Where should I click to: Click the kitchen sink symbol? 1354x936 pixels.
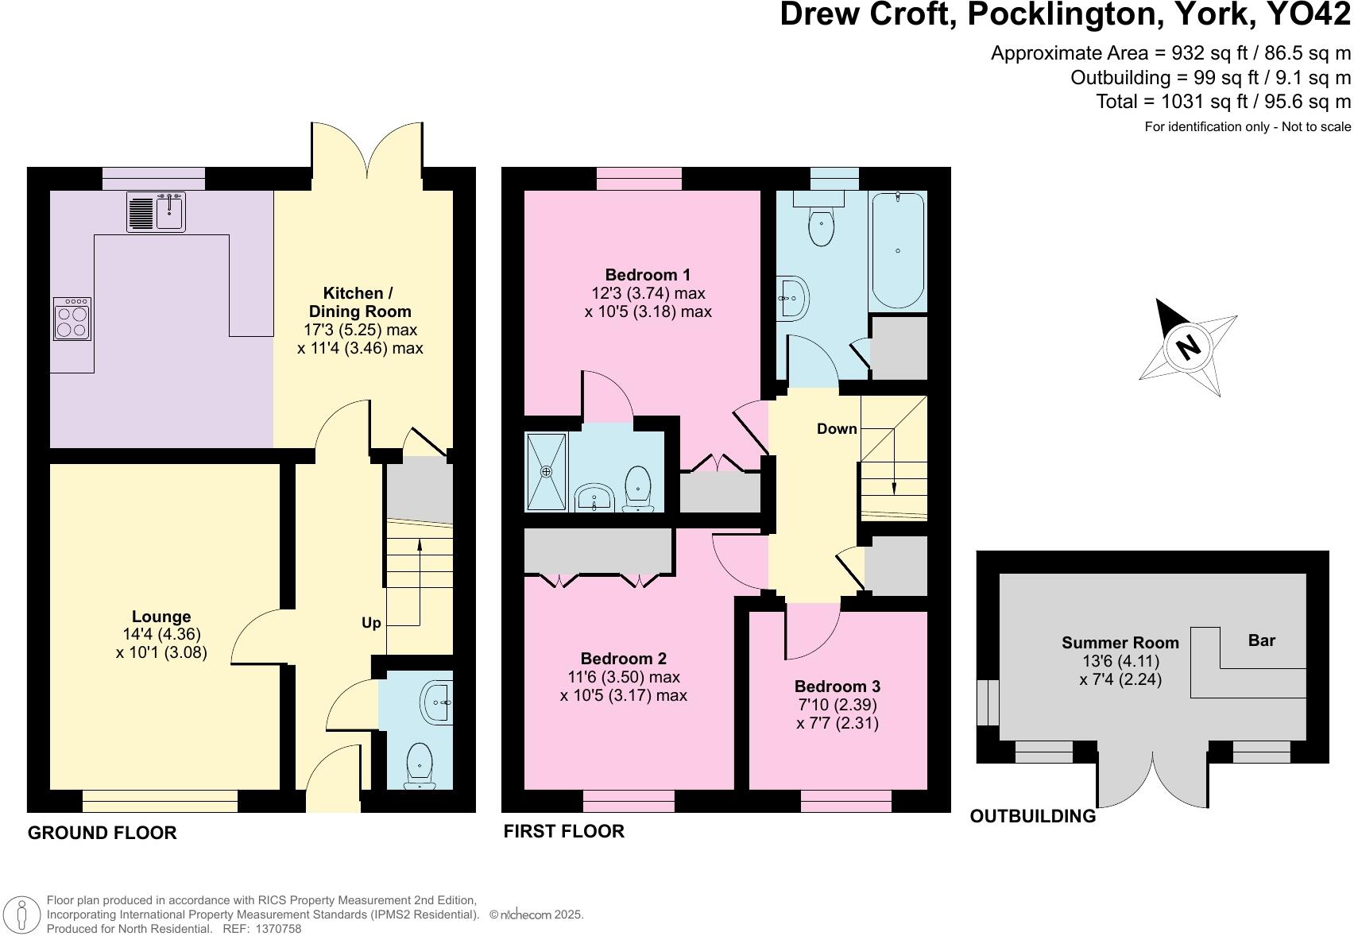point(156,211)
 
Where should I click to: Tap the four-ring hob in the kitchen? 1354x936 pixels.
point(72,319)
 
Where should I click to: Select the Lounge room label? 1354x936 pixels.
point(161,617)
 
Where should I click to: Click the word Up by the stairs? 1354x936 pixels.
point(371,623)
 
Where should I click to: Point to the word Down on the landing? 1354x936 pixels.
point(837,429)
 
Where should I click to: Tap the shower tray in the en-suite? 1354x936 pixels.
point(546,472)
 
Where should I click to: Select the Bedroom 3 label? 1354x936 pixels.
point(837,687)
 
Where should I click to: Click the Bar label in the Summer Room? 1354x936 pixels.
point(1261,640)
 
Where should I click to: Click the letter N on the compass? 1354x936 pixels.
point(1187,347)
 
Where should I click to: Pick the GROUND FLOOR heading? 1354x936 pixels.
point(102,833)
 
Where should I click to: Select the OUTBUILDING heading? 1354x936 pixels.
point(1032,816)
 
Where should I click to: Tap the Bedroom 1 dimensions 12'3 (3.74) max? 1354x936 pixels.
point(648,293)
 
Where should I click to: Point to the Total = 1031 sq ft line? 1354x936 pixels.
point(1223,102)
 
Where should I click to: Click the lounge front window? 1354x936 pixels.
point(160,801)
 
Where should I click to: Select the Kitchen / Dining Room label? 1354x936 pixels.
point(359,302)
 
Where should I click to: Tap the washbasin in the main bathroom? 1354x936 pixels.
point(792,298)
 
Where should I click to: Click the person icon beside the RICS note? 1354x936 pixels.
point(23,914)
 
